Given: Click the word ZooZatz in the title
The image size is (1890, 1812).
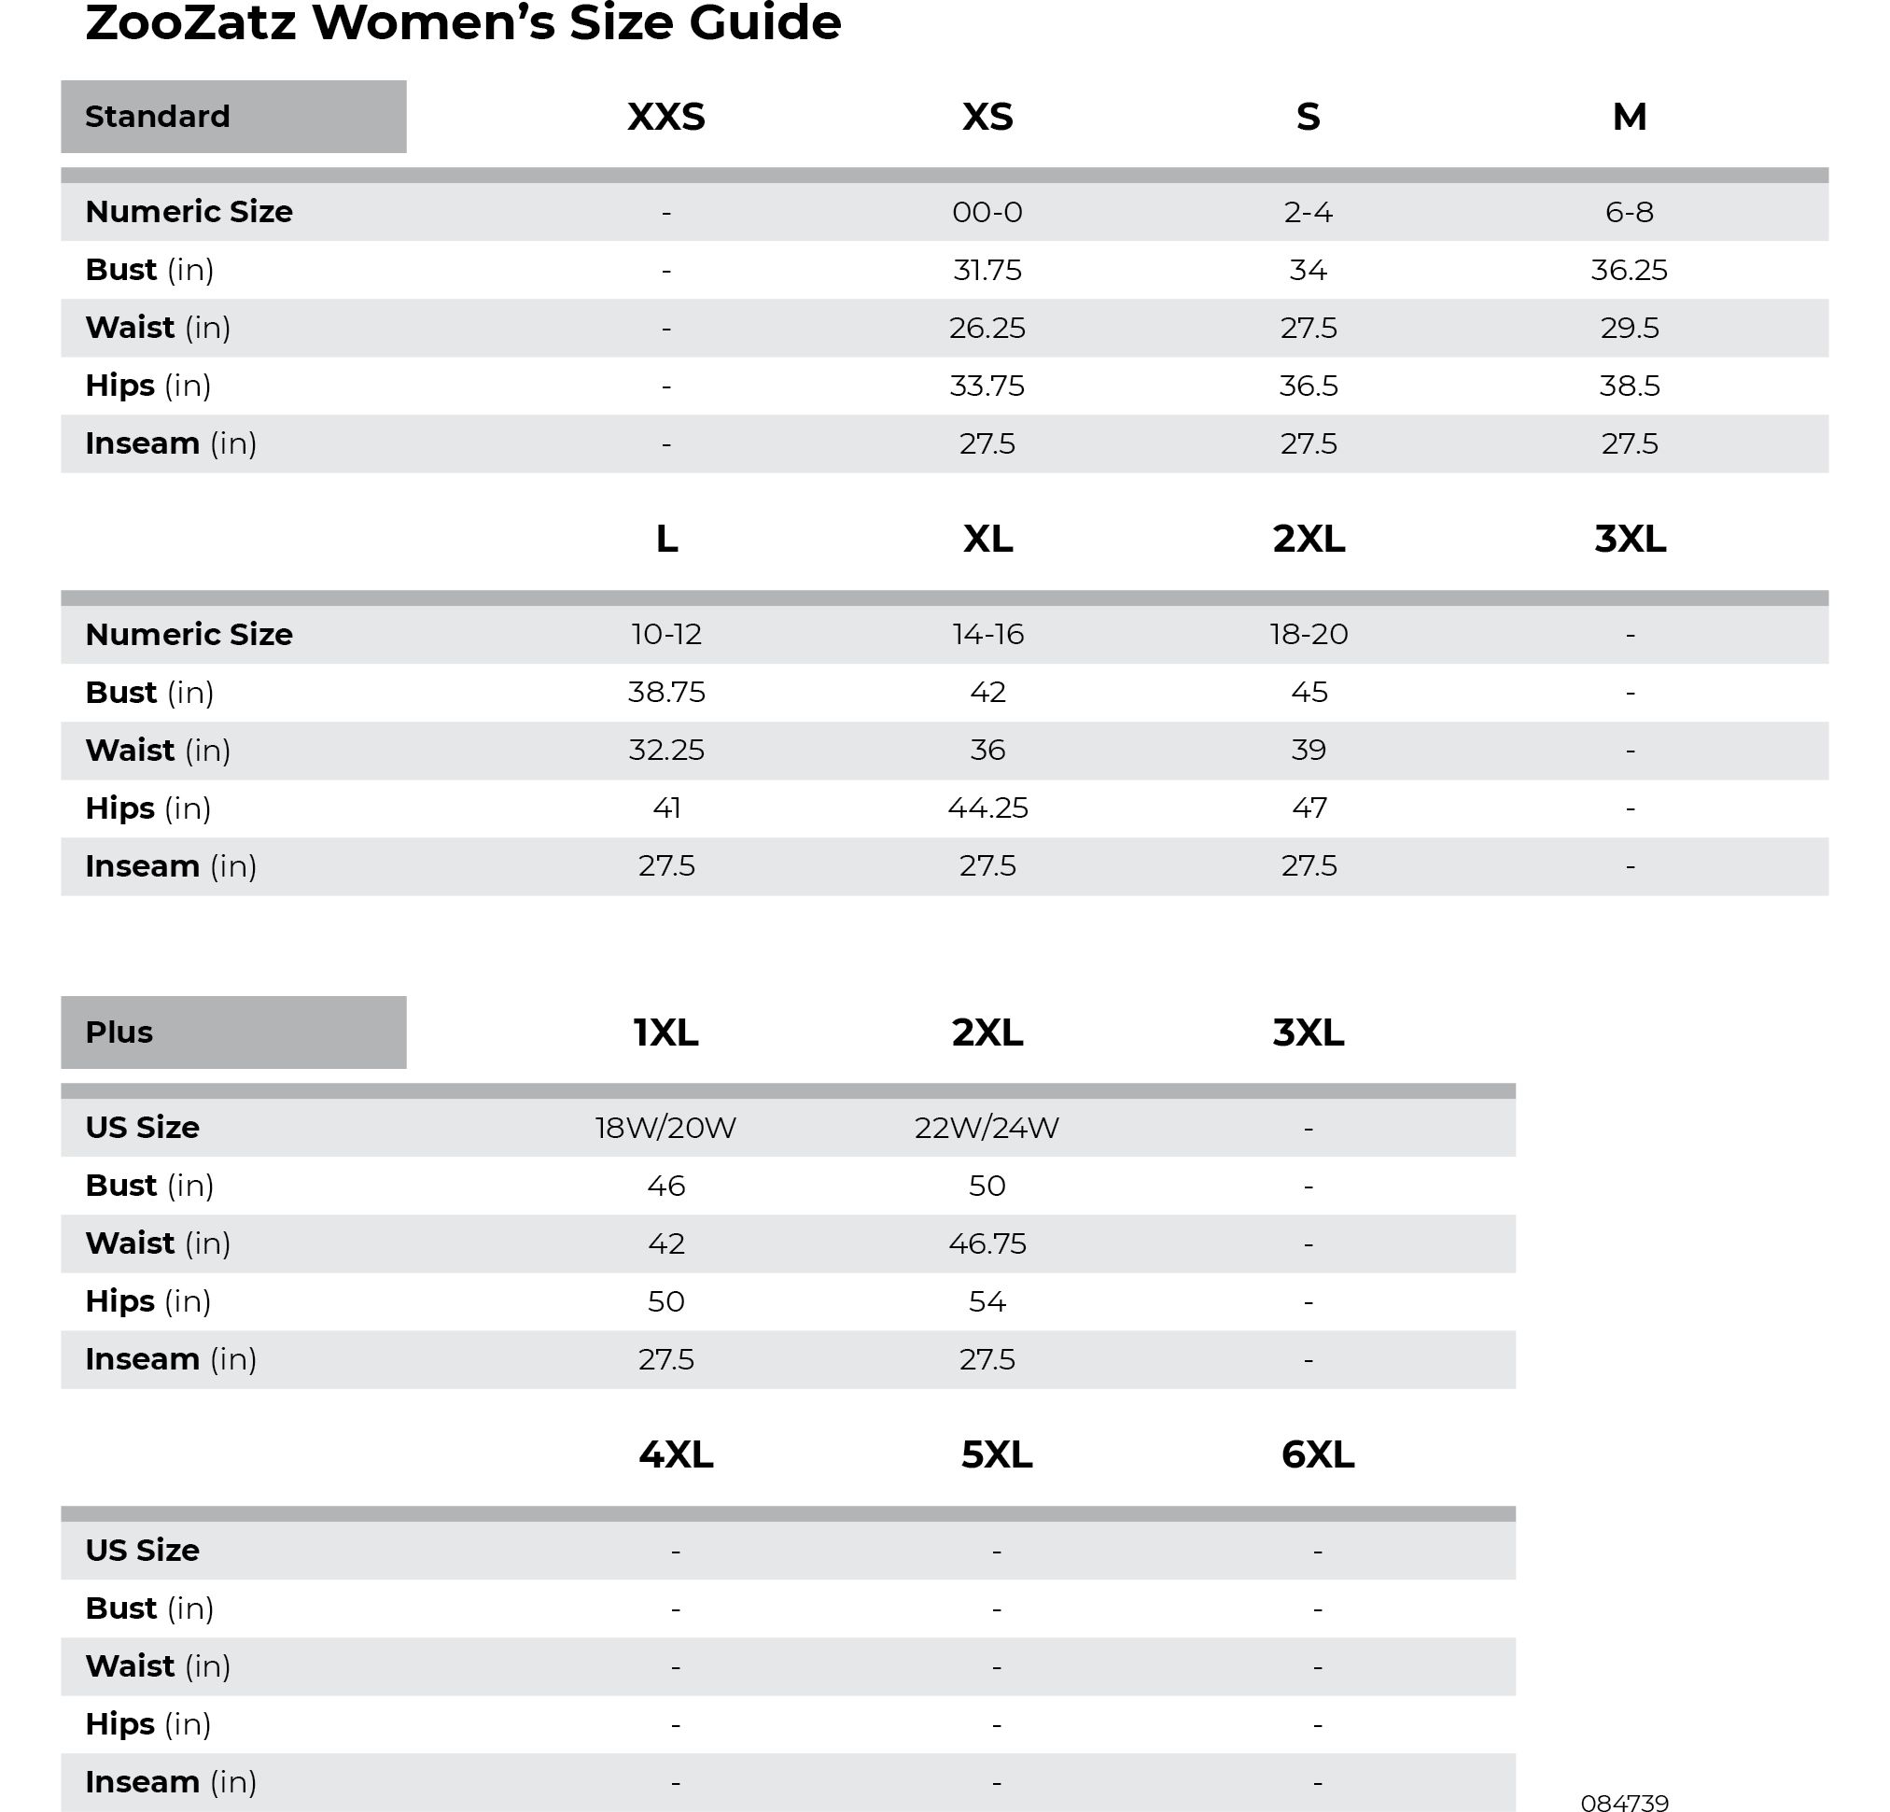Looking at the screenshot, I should coord(190,23).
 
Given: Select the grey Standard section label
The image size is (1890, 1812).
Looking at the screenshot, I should coord(233,117).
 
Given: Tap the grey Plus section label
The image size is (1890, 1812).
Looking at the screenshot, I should coord(233,1032).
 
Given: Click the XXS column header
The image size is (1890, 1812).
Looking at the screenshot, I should coord(665,117).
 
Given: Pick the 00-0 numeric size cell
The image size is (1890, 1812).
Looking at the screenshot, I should coord(987,212).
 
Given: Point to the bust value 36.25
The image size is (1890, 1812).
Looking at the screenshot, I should coord(1629,270).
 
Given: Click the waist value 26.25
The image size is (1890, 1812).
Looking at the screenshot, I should coord(987,328).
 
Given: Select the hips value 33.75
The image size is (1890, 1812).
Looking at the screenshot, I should coord(987,386).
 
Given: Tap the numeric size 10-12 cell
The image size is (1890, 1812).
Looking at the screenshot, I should coord(665,635).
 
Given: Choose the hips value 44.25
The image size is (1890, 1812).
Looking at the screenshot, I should coord(987,808).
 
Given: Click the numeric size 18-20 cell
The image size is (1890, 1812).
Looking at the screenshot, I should coord(1309,635).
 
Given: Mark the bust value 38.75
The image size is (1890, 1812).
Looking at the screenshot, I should coord(665,693).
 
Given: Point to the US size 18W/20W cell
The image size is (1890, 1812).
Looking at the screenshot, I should coord(665,1128).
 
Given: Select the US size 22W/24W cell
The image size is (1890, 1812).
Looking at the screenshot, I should coord(987,1128).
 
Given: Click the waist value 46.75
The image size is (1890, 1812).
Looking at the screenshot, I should coord(987,1243).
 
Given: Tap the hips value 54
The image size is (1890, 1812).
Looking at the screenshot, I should coord(987,1302).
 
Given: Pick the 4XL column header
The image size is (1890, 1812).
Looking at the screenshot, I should coord(675,1454).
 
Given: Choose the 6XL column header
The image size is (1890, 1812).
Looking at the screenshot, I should coord(1317,1454).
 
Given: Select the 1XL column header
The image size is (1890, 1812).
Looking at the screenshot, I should coord(665,1032).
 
